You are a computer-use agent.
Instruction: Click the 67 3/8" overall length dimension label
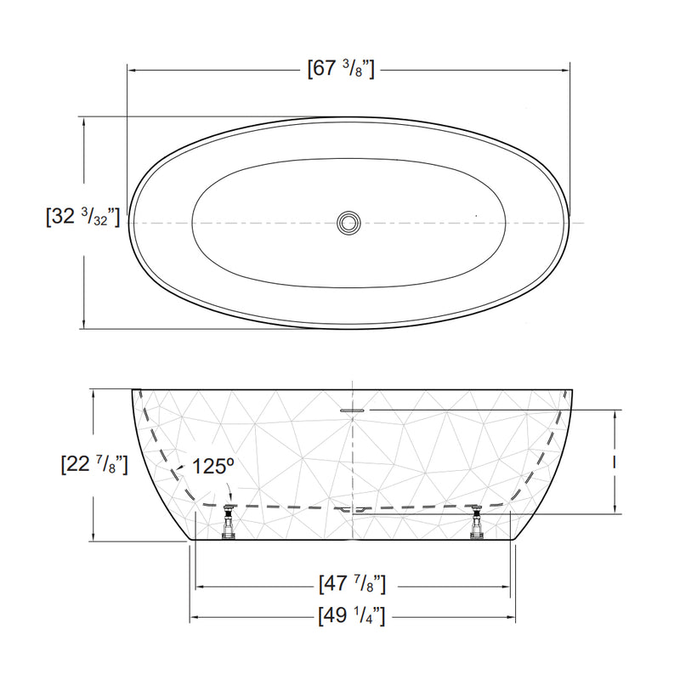[340, 69]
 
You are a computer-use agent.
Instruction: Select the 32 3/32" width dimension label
[82, 216]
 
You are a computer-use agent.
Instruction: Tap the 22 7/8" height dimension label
[94, 464]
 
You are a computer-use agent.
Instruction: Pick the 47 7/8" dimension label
[352, 585]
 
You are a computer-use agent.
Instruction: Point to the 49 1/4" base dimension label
[352, 616]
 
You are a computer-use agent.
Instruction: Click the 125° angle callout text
[212, 466]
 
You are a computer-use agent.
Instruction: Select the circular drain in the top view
[348, 223]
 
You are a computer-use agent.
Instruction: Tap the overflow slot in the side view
[352, 409]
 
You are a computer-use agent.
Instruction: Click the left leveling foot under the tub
[228, 520]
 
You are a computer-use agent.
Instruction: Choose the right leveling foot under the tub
[475, 520]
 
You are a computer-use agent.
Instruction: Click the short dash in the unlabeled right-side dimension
[615, 462]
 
